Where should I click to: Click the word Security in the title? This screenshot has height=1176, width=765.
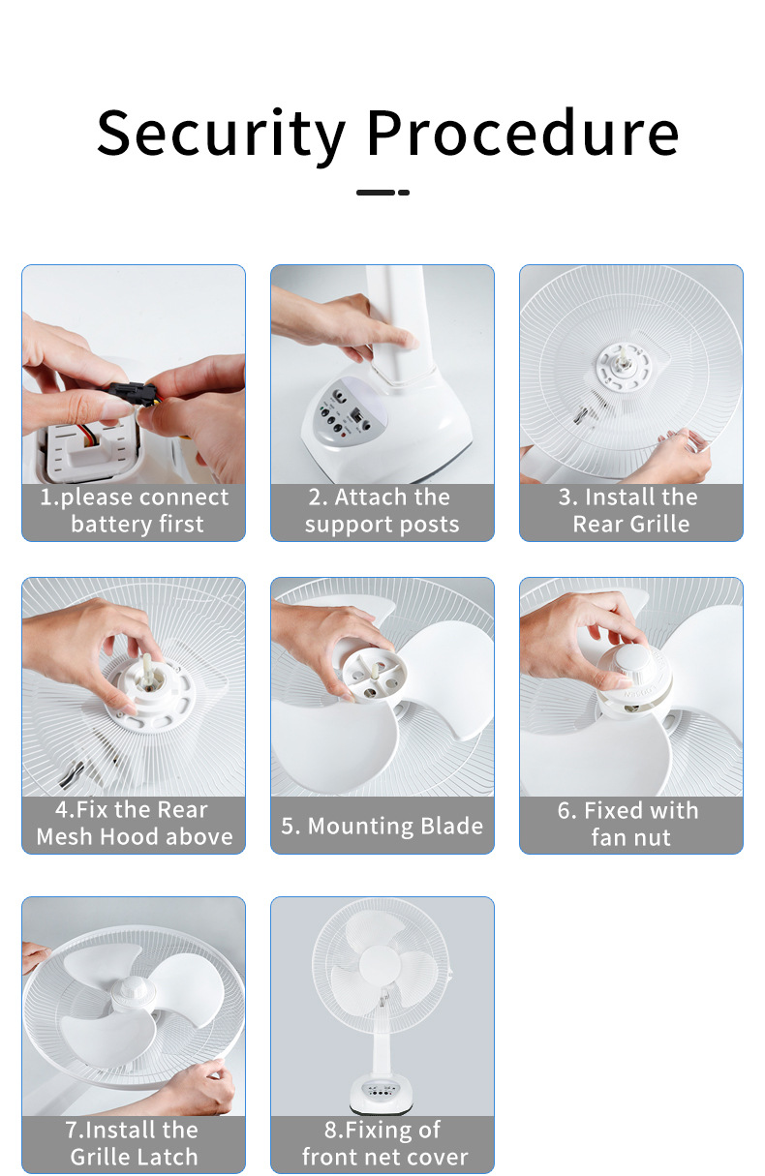click(x=221, y=134)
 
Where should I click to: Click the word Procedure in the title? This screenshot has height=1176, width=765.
click(x=523, y=132)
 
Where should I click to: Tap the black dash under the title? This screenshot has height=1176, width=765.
click(x=382, y=193)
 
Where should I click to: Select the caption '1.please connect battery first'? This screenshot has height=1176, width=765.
click(x=134, y=510)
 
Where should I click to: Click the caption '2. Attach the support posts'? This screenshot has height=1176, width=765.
click(x=382, y=510)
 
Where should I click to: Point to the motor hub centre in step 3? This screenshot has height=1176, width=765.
click(x=625, y=363)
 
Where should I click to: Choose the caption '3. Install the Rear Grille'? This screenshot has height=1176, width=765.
click(x=630, y=510)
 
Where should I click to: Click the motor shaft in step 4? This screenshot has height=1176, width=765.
click(x=147, y=669)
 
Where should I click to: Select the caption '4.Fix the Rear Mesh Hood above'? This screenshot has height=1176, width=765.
click(x=134, y=823)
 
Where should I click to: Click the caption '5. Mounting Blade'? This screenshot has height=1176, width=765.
click(x=382, y=826)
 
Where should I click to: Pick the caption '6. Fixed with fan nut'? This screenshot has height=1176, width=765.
click(x=628, y=824)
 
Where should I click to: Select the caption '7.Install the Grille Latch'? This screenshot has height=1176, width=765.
click(x=134, y=1143)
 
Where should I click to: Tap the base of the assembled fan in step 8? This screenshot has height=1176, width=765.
click(x=382, y=1094)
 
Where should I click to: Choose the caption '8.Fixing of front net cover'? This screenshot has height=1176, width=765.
click(x=383, y=1143)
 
